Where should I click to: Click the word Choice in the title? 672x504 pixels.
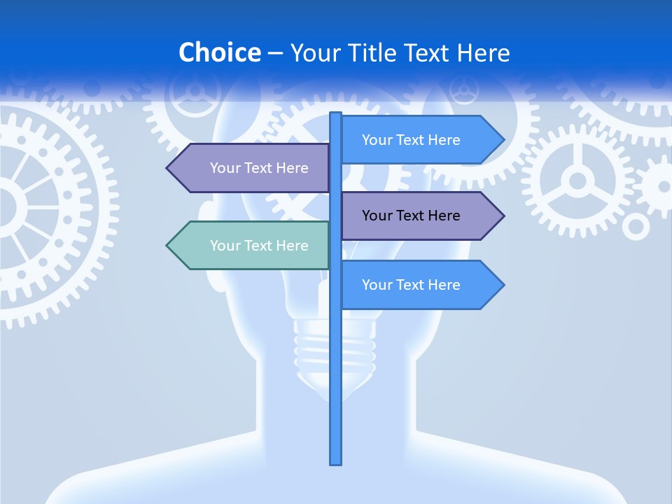pos(219,52)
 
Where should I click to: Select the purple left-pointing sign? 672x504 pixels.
pos(252,168)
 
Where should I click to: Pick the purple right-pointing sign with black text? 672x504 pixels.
pos(420,216)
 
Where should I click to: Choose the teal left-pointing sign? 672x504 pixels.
pos(252,246)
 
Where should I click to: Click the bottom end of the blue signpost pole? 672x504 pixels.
pos(336,461)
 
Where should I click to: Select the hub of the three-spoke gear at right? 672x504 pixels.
pos(577,181)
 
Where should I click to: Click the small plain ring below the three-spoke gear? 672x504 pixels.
pos(636,226)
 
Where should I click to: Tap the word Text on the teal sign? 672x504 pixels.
pos(259,246)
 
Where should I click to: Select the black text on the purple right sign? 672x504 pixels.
pos(411,216)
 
